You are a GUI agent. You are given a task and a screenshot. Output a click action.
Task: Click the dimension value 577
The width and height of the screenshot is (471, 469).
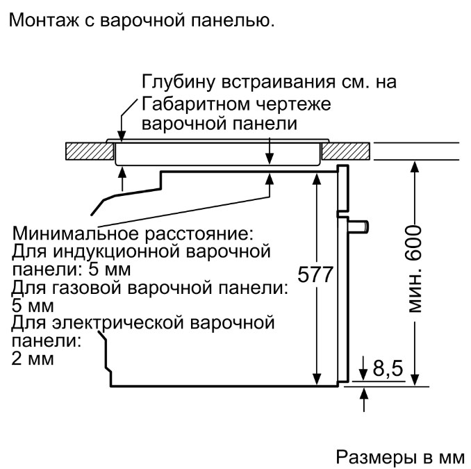coord(315,274)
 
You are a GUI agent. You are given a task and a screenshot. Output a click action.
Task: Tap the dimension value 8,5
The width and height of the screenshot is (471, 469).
coord(388,368)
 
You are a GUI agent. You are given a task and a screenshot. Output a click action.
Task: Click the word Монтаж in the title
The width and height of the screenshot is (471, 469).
coord(44,20)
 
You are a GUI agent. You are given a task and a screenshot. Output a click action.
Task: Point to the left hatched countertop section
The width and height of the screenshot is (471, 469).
coord(90,151)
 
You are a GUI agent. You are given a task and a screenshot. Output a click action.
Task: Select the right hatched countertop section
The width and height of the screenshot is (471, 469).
coord(345,151)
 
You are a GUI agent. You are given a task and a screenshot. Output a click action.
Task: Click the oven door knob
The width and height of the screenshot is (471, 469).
coord(358,227)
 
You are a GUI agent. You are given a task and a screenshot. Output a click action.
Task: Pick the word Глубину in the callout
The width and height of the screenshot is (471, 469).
coord(179,82)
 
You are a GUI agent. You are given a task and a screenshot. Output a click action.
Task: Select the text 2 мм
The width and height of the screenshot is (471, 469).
coord(33,359)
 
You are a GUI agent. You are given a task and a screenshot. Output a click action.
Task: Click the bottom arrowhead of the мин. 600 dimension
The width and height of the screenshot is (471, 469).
coord(415,379)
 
